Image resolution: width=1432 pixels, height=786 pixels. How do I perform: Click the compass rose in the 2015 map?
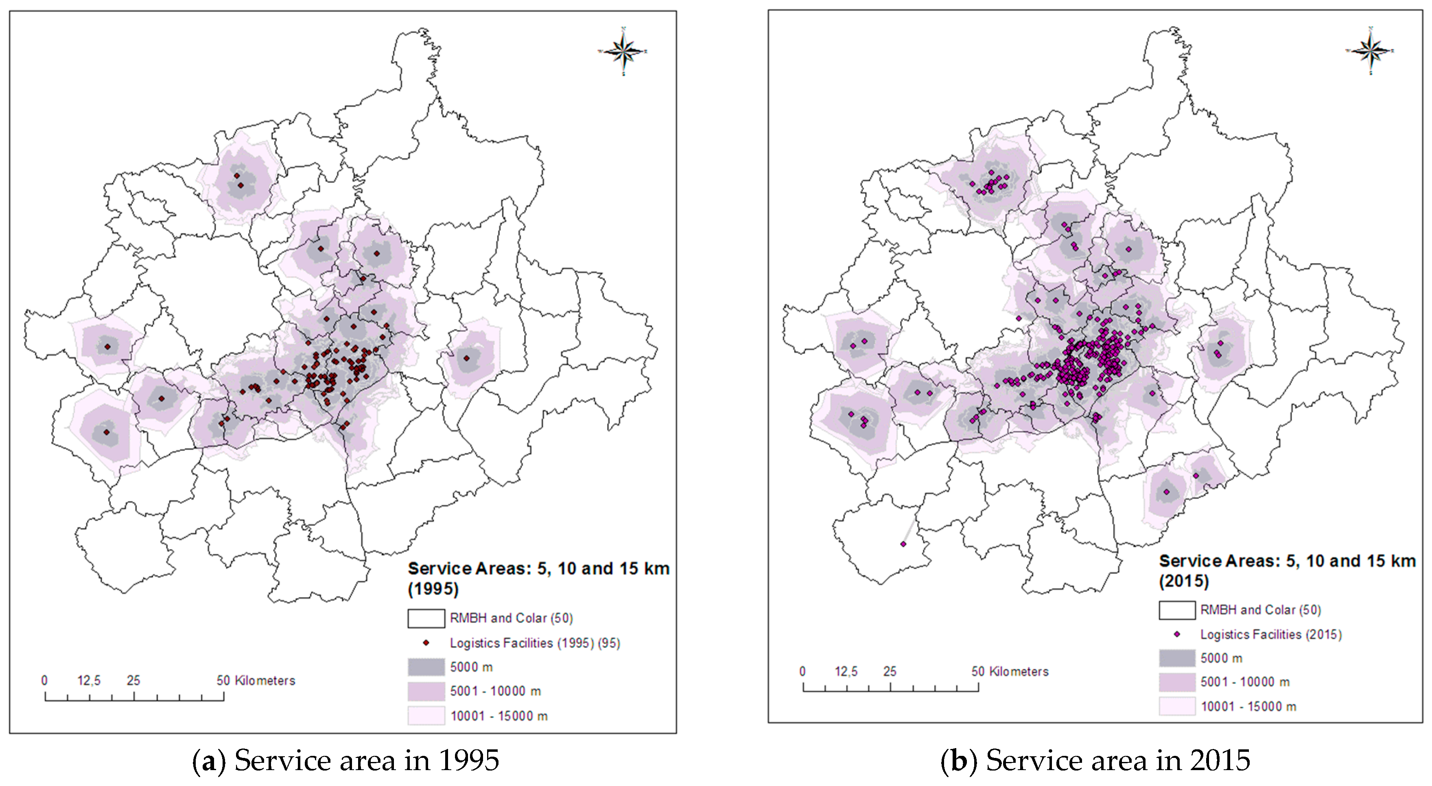click(1370, 50)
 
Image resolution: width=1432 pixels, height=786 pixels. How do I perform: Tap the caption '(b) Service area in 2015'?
click(1095, 760)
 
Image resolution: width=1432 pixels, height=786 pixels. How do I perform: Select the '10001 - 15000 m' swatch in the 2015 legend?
click(1177, 706)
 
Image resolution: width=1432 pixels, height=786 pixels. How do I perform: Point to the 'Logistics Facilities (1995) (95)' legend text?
click(535, 643)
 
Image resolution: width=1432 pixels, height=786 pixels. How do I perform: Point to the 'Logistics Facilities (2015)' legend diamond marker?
click(1177, 634)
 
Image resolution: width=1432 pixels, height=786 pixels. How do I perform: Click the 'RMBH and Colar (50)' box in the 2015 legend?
click(1177, 610)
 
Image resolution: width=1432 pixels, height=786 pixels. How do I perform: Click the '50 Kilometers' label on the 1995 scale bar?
click(256, 680)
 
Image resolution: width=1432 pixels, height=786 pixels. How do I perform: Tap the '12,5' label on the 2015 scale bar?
click(846, 672)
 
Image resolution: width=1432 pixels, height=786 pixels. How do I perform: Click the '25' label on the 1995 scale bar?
click(133, 680)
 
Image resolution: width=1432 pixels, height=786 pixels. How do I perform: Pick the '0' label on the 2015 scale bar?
click(802, 672)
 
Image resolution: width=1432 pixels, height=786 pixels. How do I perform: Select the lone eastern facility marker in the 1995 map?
click(466, 358)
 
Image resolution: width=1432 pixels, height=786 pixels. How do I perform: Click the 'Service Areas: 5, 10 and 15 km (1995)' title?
click(538, 578)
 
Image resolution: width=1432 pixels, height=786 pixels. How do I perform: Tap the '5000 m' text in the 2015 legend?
click(1221, 658)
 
